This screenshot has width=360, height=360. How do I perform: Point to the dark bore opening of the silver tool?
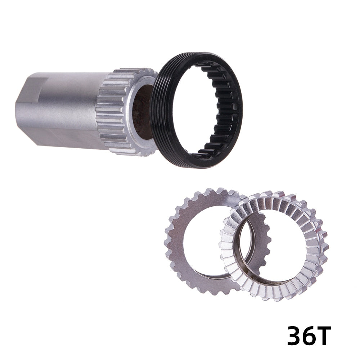[x=142, y=112]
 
